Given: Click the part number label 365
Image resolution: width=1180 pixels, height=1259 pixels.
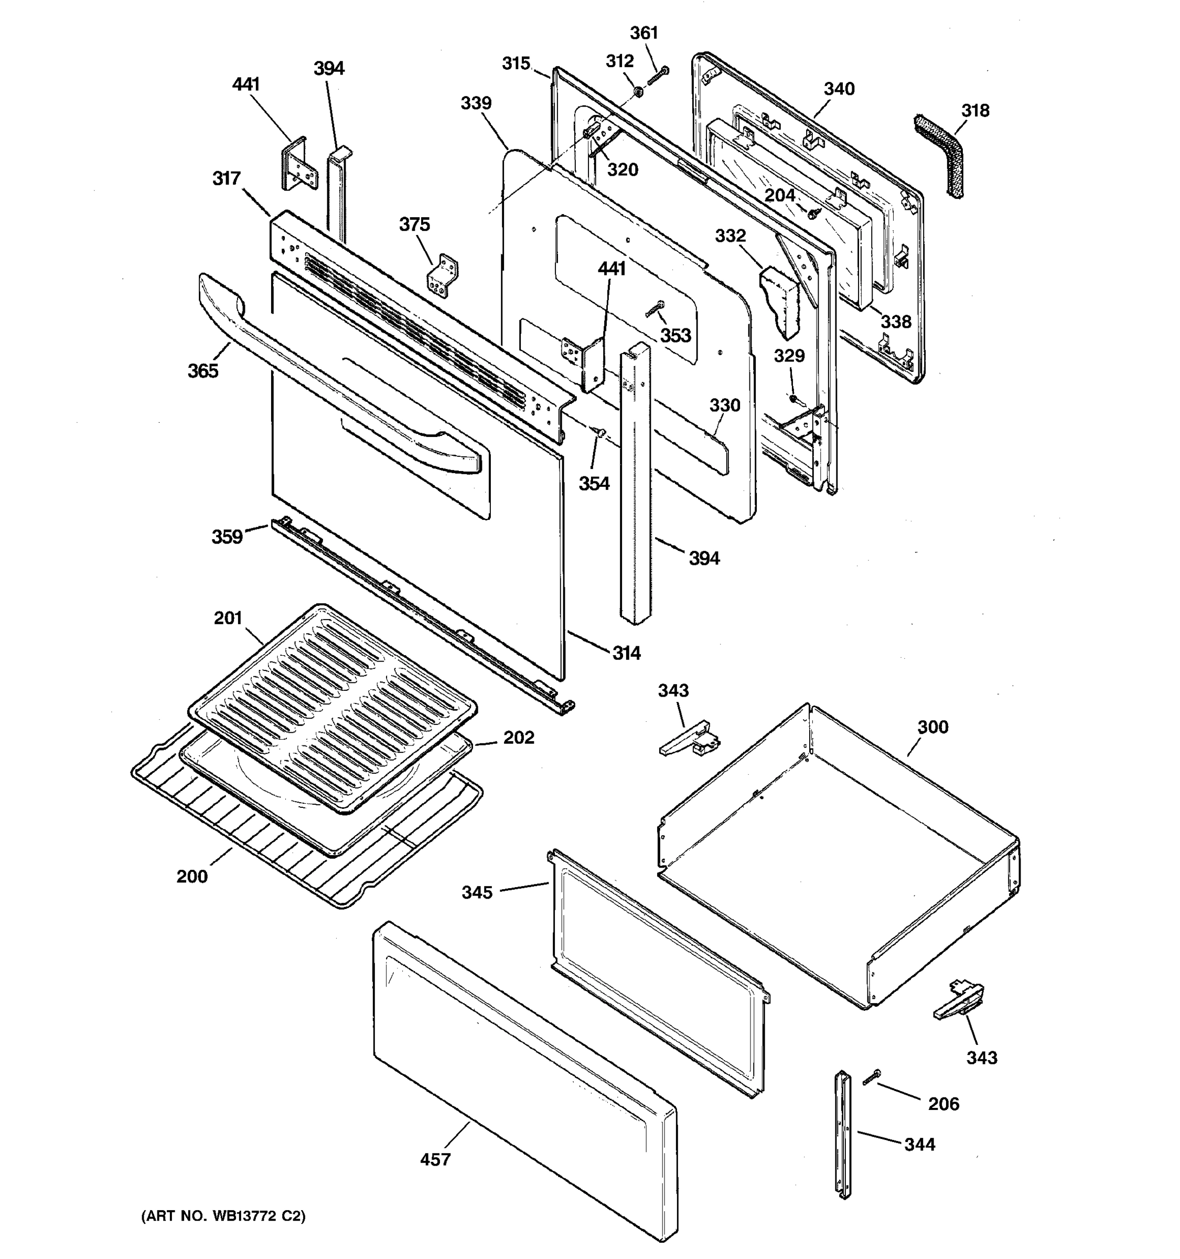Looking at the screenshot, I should (202, 370).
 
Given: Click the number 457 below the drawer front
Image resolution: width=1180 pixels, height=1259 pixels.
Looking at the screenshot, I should (435, 1159).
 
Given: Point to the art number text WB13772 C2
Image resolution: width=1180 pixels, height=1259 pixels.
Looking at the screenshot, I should (223, 1215).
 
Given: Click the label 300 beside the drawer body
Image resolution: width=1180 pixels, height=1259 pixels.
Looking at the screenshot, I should (932, 727).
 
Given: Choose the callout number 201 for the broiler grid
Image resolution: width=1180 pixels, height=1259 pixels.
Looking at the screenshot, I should (228, 617).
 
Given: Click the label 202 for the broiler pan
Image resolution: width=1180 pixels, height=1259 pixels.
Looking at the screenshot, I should (519, 737).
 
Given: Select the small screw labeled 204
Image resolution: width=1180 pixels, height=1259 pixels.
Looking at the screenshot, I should (812, 214).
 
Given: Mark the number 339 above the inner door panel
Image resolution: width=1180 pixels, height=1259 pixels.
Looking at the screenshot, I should (476, 103).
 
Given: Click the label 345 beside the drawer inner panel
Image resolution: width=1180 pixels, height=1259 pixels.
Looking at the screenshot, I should (477, 892).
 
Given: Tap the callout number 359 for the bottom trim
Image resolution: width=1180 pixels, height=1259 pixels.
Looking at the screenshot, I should (227, 537).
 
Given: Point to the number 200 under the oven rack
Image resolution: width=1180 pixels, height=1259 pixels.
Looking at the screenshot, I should (192, 877).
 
